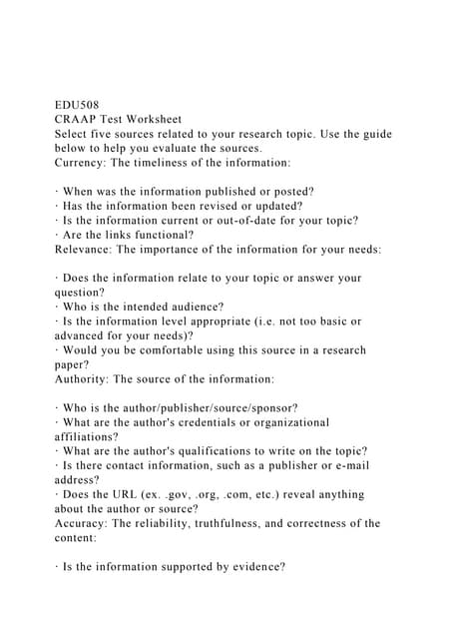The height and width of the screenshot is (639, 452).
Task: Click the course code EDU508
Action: pos(76,105)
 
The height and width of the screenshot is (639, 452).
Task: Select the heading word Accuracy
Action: pos(83,523)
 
